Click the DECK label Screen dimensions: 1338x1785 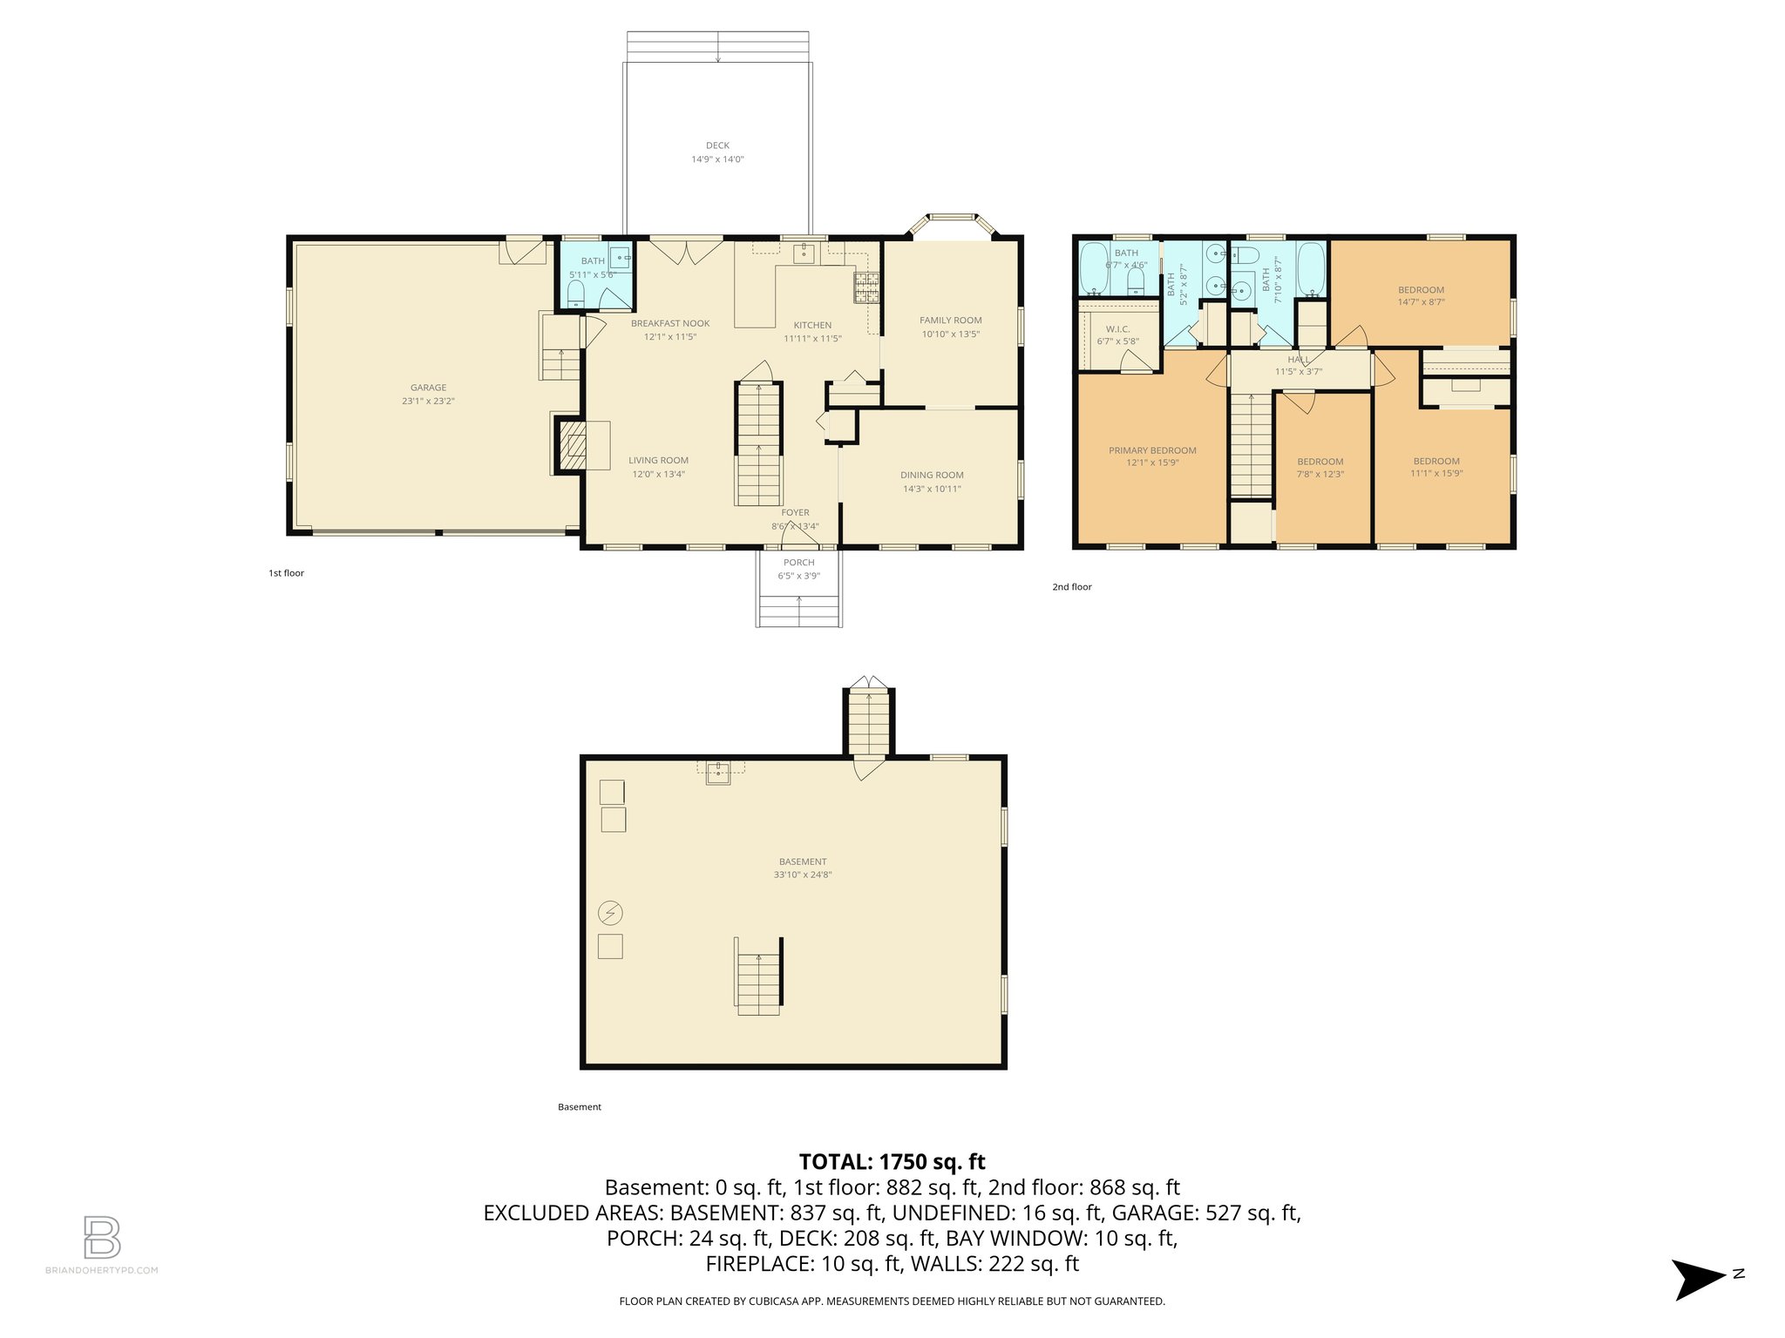pyautogui.click(x=717, y=145)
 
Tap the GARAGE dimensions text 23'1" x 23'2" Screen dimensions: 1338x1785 pyautogui.click(x=428, y=402)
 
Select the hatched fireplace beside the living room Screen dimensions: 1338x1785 pyautogui.click(x=572, y=446)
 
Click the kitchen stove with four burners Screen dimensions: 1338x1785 pyautogui.click(x=865, y=287)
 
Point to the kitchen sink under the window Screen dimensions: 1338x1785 pyautogui.click(x=804, y=253)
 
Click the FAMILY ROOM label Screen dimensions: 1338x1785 pyautogui.click(x=950, y=321)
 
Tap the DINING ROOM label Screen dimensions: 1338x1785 pyautogui.click(x=932, y=476)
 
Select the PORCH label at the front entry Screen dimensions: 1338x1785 pyautogui.click(x=798, y=563)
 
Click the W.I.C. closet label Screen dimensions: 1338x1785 pyautogui.click(x=1117, y=329)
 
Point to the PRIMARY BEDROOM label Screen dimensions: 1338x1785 pyautogui.click(x=1152, y=450)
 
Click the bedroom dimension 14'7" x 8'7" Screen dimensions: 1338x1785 pyautogui.click(x=1421, y=302)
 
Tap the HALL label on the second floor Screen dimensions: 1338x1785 pyautogui.click(x=1299, y=360)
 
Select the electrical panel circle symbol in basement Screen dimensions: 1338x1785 pyautogui.click(x=610, y=913)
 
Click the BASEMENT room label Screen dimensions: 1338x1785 pyautogui.click(x=803, y=862)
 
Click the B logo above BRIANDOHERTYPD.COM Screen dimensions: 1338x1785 pyautogui.click(x=102, y=1237)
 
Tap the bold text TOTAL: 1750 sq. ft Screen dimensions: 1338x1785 pyautogui.click(x=892, y=1162)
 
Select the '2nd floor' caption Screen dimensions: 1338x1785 pyautogui.click(x=1071, y=587)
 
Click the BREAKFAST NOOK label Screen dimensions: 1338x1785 pyautogui.click(x=670, y=323)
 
